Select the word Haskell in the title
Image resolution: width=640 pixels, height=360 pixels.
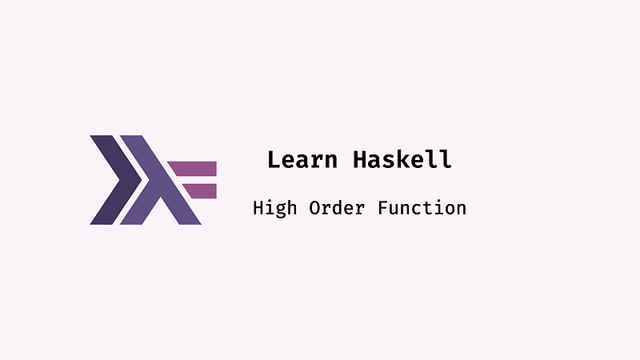(402, 159)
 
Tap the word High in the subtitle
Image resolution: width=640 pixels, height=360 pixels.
(274, 208)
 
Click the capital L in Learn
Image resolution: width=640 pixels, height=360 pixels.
(274, 159)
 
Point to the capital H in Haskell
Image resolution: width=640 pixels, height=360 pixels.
(360, 159)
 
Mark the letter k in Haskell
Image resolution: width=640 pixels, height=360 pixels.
(402, 159)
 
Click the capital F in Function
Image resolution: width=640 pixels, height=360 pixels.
(382, 208)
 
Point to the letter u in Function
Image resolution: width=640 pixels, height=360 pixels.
(392, 209)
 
